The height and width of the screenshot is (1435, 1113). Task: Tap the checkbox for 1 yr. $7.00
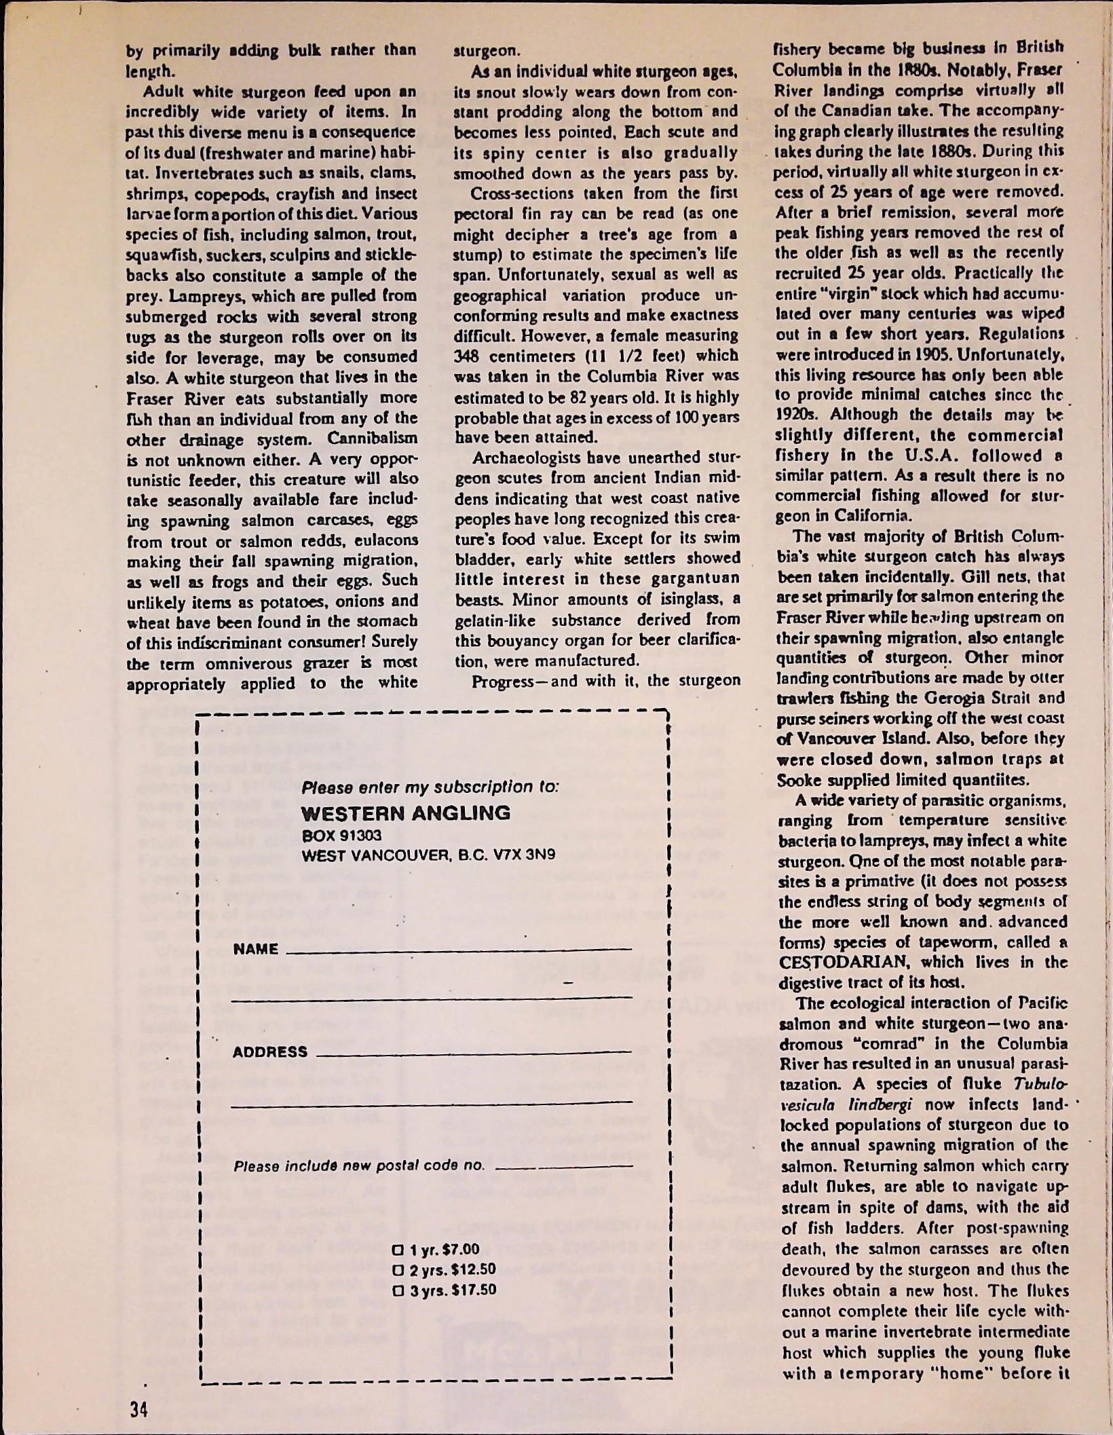point(397,1250)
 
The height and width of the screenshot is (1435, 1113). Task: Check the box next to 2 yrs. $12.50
point(397,1269)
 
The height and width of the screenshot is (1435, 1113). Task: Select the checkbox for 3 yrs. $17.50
point(397,1289)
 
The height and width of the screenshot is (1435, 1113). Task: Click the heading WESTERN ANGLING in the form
point(405,813)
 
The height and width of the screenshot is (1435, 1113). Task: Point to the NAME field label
point(255,949)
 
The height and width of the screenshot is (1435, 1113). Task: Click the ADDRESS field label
point(269,1051)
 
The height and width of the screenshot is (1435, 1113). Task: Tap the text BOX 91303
point(341,835)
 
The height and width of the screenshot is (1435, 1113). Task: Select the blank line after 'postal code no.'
point(564,1166)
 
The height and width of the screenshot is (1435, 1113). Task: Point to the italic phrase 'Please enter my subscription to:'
point(430,787)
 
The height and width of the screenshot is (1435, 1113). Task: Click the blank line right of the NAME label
point(459,949)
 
